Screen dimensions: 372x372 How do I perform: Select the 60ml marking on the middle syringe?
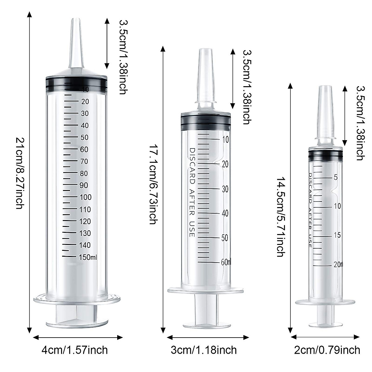click(226, 262)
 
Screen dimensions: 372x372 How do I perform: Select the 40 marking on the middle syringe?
click(225, 213)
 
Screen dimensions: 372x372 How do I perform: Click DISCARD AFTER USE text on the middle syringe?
click(192, 193)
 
